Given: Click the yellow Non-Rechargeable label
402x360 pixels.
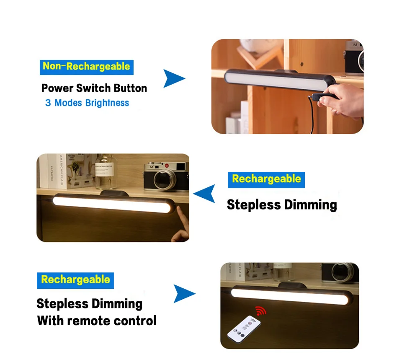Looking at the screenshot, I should coord(87,67).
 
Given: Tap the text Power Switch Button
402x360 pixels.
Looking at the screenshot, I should coord(94,88).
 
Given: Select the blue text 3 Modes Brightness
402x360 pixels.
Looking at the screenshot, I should coord(87,103).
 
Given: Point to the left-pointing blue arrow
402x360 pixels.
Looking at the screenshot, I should coord(205,194).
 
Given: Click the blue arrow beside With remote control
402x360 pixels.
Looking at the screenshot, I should coord(184,293).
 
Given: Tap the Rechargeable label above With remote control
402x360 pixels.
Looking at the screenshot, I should coord(75,280).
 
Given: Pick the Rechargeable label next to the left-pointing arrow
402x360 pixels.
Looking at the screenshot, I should coord(266,179).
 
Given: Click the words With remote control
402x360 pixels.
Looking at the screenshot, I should coord(97,321).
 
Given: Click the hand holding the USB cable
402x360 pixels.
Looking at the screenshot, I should coord(342,99).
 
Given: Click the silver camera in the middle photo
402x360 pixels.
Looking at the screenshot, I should coord(163,176).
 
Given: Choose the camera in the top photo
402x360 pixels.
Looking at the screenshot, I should coord(354,57).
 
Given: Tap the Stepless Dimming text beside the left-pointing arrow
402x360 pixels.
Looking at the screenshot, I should coord(282,205).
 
